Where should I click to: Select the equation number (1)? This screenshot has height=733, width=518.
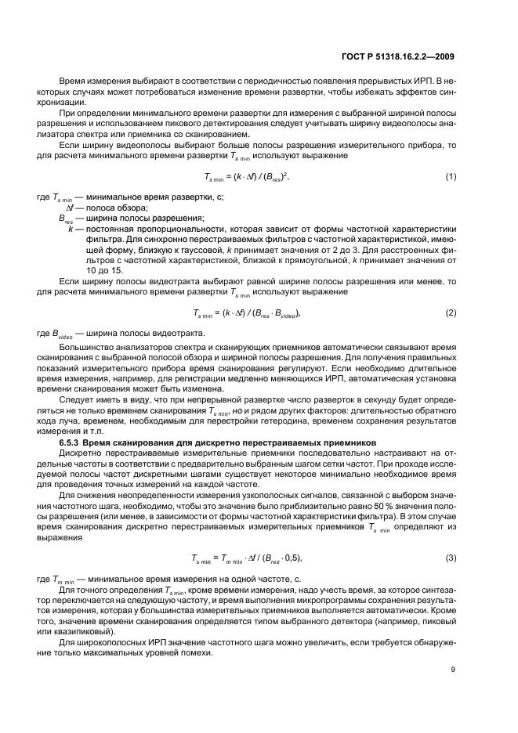click(451, 176)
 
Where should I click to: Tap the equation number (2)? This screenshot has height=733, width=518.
click(451, 312)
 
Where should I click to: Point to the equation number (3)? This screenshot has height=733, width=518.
click(451, 558)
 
